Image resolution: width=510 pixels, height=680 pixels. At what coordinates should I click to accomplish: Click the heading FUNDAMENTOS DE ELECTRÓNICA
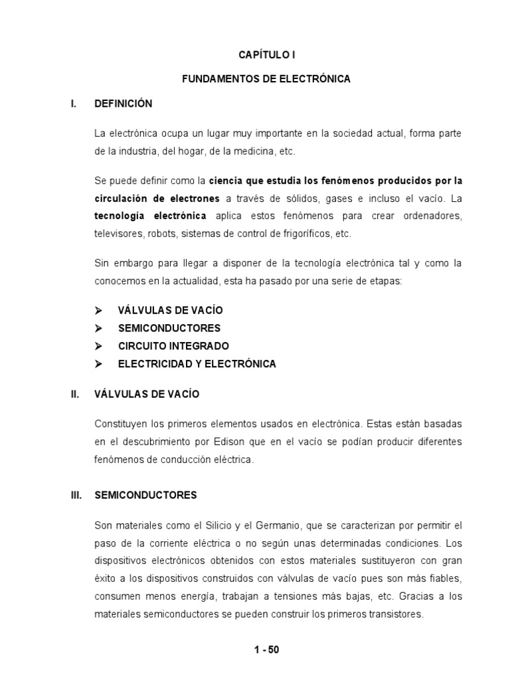266,79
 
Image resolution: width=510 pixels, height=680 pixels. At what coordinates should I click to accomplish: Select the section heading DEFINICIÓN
124,104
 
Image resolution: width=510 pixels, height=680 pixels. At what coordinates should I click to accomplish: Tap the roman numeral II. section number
75,394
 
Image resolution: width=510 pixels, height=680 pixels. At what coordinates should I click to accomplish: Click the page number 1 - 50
266,649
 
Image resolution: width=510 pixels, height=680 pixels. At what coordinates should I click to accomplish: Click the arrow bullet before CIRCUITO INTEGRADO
98,346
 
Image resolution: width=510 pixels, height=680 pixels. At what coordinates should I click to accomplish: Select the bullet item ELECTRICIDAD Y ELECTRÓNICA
197,364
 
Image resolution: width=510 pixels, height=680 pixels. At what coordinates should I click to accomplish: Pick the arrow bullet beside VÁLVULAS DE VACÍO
98,310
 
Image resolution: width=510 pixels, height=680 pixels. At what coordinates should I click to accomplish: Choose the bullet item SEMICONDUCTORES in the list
169,328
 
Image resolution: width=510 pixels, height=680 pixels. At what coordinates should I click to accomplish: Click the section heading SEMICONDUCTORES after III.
146,495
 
